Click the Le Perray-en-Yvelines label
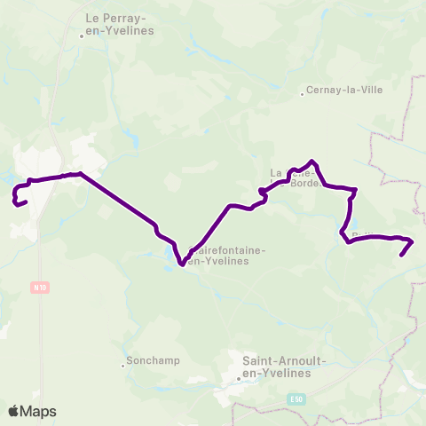pos(119,24)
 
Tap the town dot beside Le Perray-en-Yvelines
pos(82,35)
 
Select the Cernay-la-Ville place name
pos(342,91)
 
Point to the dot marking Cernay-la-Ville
pos(302,91)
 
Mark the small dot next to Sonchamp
pos(123,363)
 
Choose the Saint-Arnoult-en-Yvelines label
pos(276,367)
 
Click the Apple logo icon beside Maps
pos(13,411)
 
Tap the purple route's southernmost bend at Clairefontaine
pos(181,264)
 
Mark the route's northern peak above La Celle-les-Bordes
pos(311,162)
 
